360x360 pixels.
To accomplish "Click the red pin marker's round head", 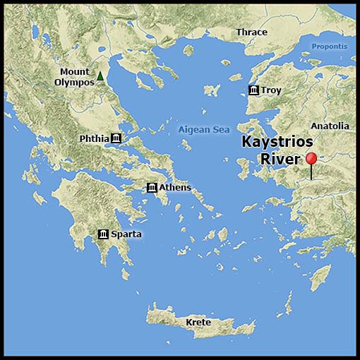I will click(311, 158).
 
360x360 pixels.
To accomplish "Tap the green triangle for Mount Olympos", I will click(100, 76).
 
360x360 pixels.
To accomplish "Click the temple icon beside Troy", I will click(253, 90).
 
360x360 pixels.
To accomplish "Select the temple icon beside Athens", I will click(152, 187).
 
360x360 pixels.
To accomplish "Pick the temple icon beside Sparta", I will click(103, 234).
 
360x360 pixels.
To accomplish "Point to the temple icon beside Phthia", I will click(116, 138).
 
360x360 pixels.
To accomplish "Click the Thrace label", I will click(251, 32).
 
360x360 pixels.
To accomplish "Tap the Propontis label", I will click(330, 47).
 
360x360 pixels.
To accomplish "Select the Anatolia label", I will click(330, 126).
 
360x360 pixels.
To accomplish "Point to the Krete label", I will click(198, 322).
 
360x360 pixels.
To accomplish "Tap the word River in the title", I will click(280, 159).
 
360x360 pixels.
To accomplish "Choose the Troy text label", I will click(270, 90).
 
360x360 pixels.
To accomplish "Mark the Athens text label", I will click(174, 187).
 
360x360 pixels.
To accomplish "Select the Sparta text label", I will click(126, 234).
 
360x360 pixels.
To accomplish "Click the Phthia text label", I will click(95, 138).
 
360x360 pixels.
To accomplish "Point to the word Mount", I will click(74, 71).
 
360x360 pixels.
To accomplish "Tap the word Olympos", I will click(74, 82).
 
